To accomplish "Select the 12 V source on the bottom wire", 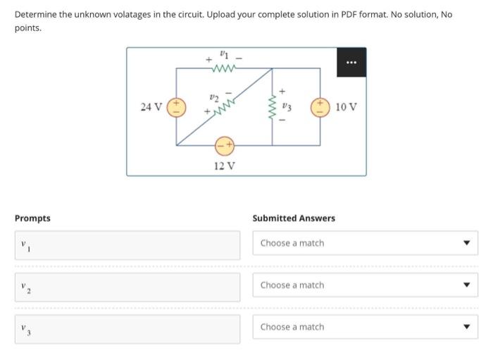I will (225, 145).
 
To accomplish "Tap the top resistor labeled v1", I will (224, 69).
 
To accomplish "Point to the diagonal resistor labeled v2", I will (225, 107).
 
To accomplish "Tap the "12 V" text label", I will (225, 166).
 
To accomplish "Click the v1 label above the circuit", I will (224, 53).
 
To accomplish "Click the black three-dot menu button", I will (351, 62).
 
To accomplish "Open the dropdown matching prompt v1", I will (365, 243).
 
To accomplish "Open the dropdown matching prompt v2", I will (365, 285).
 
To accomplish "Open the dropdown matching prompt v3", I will (365, 327).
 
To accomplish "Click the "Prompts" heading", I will (32, 218).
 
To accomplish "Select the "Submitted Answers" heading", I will (294, 218).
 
